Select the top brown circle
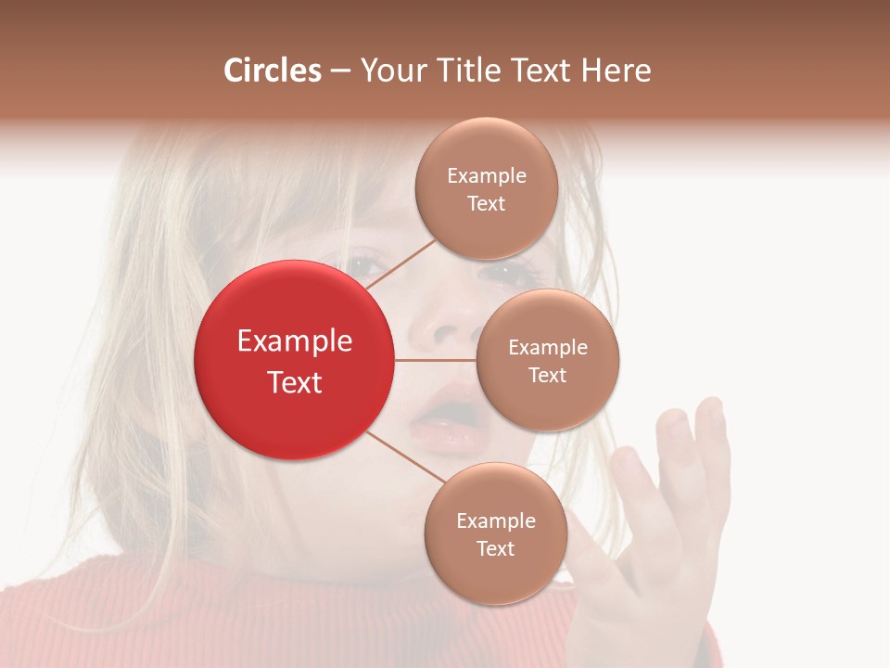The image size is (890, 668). [x=487, y=188]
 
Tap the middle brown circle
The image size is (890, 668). [x=548, y=360]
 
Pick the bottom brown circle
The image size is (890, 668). [x=496, y=533]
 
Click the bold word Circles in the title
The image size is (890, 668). [x=273, y=71]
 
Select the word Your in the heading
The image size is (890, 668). [x=388, y=71]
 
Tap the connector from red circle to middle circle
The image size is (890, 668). [x=436, y=360]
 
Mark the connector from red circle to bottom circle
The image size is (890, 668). [x=404, y=456]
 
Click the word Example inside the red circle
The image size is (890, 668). [x=295, y=341]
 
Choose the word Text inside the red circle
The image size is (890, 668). [x=295, y=382]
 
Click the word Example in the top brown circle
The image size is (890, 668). [x=487, y=175]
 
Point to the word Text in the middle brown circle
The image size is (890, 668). [x=548, y=375]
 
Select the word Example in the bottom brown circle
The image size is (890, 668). [x=496, y=520]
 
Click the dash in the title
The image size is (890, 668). [x=340, y=71]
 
